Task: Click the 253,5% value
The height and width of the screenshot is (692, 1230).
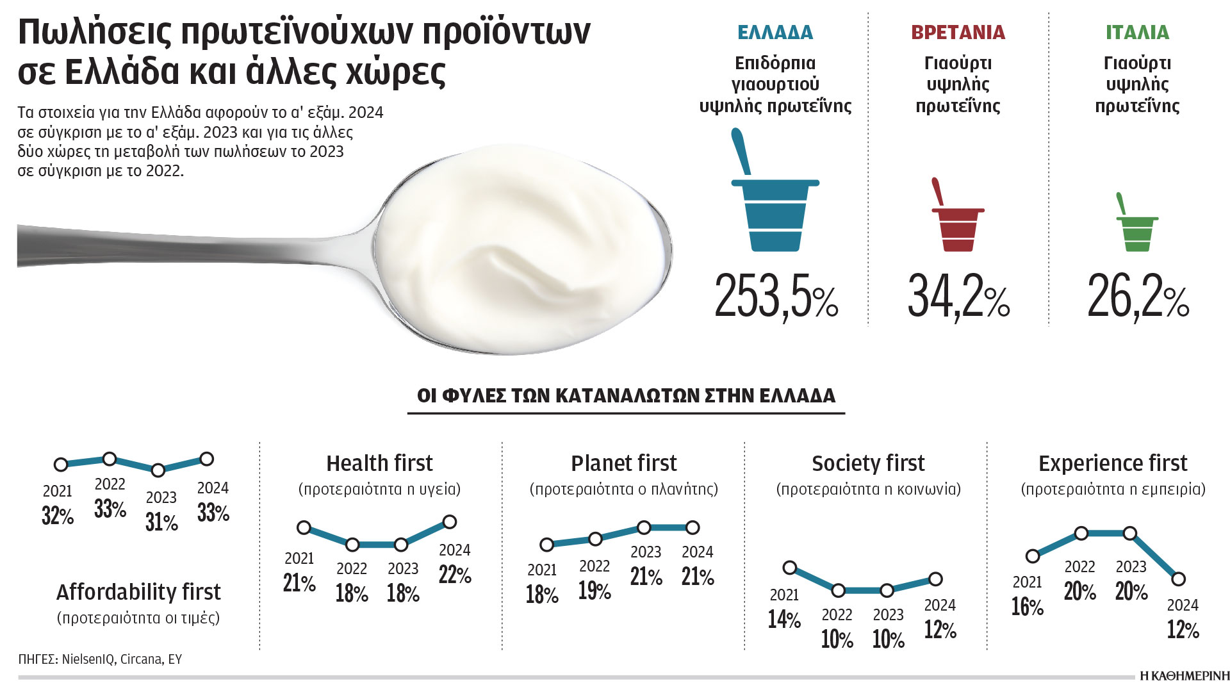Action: coord(776,297)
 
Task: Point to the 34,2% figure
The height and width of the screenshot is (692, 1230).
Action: coord(958,297)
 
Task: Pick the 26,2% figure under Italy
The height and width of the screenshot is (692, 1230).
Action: coord(1138,297)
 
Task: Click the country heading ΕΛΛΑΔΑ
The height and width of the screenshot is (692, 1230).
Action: coord(775,32)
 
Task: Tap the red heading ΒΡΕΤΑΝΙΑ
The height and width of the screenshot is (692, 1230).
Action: coord(958,32)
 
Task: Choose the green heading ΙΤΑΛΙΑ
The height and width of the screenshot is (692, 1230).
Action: coord(1137,32)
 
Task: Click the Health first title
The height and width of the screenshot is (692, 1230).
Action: coord(379,463)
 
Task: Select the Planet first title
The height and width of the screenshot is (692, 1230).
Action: coord(623,463)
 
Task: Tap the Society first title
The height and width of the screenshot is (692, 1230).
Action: coord(868,463)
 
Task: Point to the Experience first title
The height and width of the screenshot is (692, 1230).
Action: coord(1113,463)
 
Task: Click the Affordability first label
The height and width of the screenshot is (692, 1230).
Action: coord(138,592)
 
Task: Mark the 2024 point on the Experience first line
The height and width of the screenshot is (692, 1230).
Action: coord(1178,579)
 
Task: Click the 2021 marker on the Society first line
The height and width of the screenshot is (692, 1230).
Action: coord(790,568)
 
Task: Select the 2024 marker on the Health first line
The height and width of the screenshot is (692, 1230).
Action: coord(450,522)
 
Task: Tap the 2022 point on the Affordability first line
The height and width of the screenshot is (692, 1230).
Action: coord(110,459)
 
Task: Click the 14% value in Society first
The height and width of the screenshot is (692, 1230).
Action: coord(784,620)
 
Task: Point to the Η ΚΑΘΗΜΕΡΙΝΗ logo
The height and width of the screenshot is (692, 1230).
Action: coord(1185,676)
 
